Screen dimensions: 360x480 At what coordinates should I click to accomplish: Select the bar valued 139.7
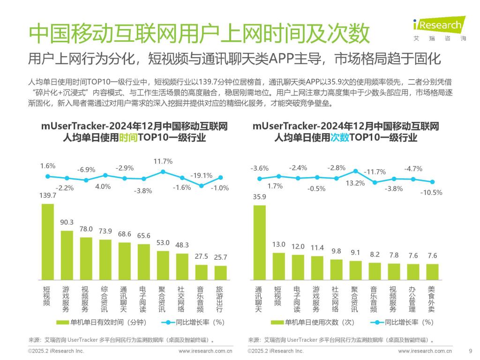pos(48,241)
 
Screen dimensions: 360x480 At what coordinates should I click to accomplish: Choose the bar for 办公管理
pos(413,271)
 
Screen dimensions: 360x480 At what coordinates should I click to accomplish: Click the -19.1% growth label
pos(201,175)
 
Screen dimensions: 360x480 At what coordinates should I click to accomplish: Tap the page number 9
pos(470,351)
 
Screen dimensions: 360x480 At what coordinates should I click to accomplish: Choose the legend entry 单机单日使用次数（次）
pos(314,322)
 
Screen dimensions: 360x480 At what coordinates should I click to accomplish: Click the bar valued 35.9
pos(260,242)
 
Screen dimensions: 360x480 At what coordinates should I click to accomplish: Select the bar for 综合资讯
pos(105,259)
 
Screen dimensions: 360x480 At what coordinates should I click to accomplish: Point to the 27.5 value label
pos(201,257)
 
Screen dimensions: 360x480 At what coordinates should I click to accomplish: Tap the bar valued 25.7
pos(220,272)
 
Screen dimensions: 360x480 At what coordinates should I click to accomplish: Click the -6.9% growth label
pos(86,169)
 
